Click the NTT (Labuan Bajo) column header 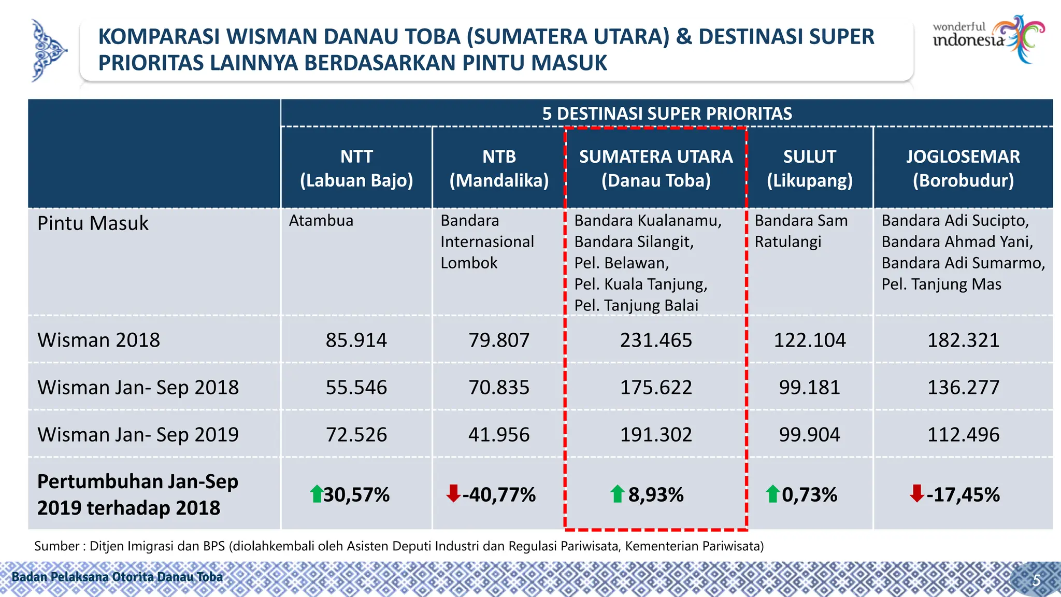[356, 168]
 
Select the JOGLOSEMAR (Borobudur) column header [963, 168]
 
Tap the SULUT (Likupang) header [809, 168]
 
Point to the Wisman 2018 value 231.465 [656, 340]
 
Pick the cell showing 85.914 [356, 340]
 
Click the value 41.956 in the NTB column [499, 434]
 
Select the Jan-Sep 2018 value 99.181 [809, 387]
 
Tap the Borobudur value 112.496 [963, 434]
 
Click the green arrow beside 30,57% [316, 494]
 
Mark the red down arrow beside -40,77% [453, 493]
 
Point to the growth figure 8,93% [656, 494]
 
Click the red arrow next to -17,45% [916, 493]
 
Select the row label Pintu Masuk [93, 223]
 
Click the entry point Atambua [321, 221]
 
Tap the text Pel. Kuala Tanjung [640, 284]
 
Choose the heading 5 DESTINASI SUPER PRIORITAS [667, 113]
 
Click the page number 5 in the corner [1036, 580]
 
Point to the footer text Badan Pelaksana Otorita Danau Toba [117, 577]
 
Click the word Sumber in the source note [56, 546]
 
